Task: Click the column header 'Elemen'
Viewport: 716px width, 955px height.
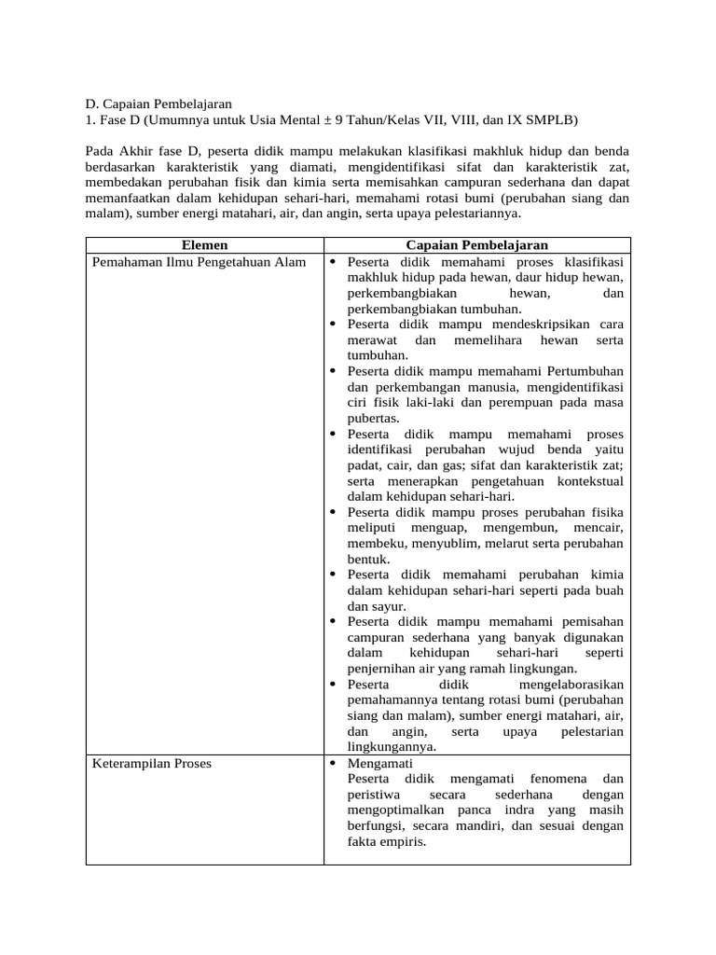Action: coord(204,245)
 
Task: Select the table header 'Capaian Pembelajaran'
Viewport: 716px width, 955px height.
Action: coord(476,245)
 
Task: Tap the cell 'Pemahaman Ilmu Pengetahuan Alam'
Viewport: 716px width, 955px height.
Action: coord(199,262)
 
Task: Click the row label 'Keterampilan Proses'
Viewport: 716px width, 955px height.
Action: coord(152,763)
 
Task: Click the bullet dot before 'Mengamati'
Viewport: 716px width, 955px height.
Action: coord(334,763)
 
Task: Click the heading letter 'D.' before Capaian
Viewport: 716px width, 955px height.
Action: coord(94,104)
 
